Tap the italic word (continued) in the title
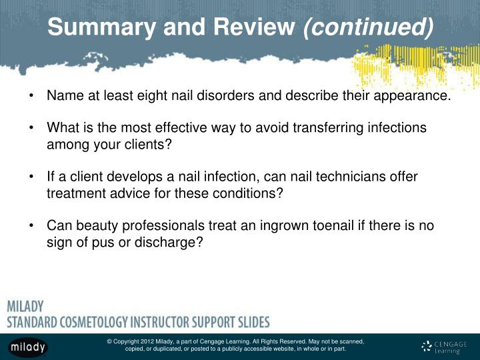point(368,27)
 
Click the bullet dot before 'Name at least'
point(32,95)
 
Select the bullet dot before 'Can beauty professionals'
point(32,226)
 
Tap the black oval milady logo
point(29,346)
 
